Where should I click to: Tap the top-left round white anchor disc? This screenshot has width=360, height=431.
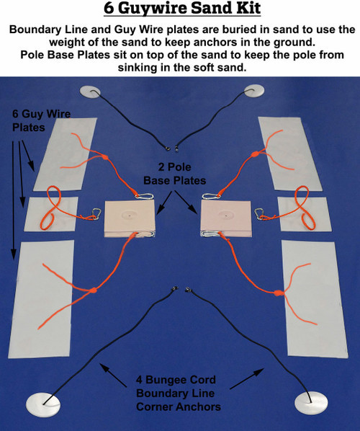pyautogui.click(x=91, y=92)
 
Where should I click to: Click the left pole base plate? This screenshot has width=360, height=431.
pyautogui.click(x=130, y=218)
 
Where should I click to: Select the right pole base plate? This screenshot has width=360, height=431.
pyautogui.click(x=225, y=218)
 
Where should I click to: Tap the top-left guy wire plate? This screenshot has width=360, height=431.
pyautogui.click(x=68, y=153)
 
